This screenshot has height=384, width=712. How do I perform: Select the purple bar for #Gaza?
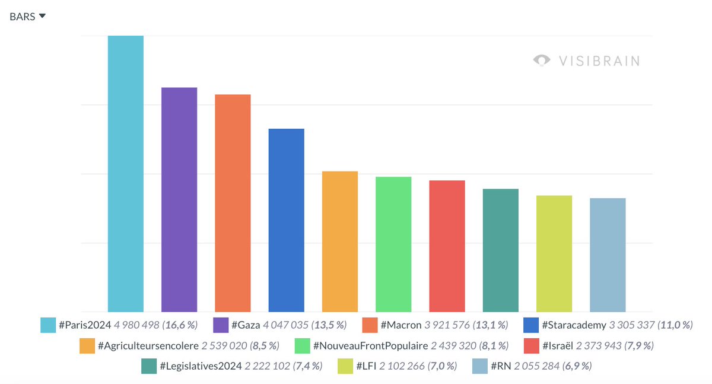[x=179, y=199]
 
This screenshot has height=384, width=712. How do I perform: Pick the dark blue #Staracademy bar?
[x=286, y=220]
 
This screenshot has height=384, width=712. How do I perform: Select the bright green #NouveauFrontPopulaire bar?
[x=393, y=244]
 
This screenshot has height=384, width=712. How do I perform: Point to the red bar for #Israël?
[x=447, y=246]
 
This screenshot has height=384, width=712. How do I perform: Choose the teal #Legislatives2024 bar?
[x=501, y=250]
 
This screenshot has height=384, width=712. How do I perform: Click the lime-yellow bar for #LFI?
[x=554, y=253]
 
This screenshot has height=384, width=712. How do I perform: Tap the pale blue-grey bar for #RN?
[x=608, y=255]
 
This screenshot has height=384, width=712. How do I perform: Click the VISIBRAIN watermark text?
[x=598, y=61]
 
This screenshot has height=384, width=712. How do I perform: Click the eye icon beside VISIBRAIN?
[x=541, y=61]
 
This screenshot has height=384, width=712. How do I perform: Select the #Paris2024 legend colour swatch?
[x=48, y=325]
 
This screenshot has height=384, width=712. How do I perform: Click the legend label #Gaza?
[x=245, y=325]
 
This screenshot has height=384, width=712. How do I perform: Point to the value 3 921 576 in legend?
[x=447, y=325]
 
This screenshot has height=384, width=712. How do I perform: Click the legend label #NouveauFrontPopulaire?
[x=370, y=345]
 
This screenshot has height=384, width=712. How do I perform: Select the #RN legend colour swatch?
[x=479, y=366]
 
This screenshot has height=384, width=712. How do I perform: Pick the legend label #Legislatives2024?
[x=201, y=366]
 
